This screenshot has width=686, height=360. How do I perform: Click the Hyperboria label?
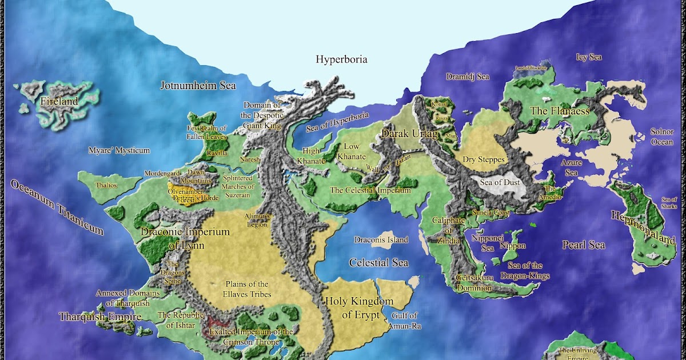click(341, 59)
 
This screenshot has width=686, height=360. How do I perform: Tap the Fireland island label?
click(59, 102)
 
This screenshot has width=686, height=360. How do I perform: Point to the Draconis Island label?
click(381, 240)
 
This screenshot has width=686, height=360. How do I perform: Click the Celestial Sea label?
click(378, 263)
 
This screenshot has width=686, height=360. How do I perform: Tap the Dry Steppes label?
click(484, 159)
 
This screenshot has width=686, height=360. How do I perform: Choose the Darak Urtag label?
click(409, 134)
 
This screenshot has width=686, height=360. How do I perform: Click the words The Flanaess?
click(560, 111)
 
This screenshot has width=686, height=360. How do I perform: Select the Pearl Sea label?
click(583, 245)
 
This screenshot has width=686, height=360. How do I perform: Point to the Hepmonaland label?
click(643, 227)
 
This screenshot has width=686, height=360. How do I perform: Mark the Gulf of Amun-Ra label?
click(404, 319)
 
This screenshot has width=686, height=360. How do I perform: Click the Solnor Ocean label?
click(662, 137)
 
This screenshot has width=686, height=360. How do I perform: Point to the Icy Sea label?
click(588, 57)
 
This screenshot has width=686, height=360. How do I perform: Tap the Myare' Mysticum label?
click(119, 151)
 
